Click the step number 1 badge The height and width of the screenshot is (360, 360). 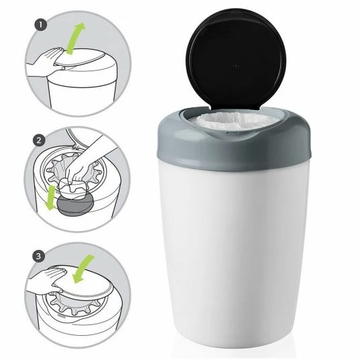coord(41,26)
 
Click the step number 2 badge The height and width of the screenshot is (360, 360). coord(39,140)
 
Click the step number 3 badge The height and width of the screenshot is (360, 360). coord(38,256)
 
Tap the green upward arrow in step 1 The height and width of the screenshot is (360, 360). coord(75,38)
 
